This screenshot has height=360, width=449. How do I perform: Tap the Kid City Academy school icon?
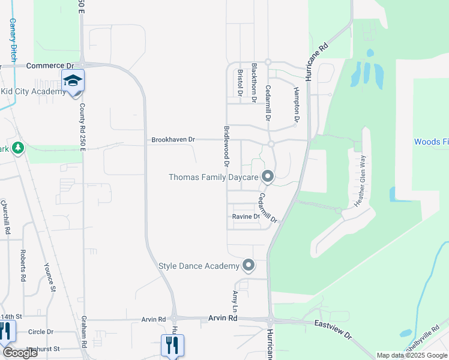click(x=73, y=81)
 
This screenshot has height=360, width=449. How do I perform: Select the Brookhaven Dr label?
click(x=173, y=139)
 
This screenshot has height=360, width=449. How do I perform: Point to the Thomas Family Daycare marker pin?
click(x=268, y=176)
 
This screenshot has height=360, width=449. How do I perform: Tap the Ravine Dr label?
click(x=247, y=217)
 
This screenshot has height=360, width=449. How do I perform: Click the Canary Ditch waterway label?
click(x=12, y=40)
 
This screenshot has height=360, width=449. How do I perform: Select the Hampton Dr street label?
click(x=296, y=101)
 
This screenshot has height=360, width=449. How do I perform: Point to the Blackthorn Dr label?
click(x=255, y=82)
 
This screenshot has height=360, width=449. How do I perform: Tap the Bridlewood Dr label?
click(x=227, y=146)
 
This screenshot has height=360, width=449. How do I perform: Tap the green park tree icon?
click(x=17, y=148)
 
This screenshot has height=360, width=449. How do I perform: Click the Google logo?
click(x=20, y=353)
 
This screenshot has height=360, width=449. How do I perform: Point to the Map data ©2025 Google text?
click(x=411, y=355)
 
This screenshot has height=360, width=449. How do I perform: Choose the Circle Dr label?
click(x=41, y=332)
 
